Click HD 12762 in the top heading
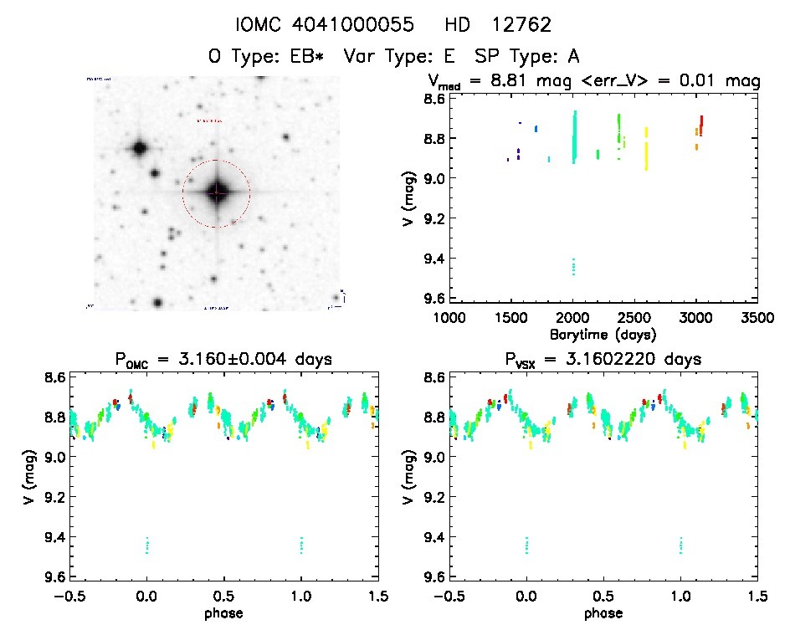(500, 24)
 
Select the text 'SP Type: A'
(526, 56)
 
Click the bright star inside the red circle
(216, 192)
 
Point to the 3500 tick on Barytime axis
(757, 319)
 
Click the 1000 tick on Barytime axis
(449, 319)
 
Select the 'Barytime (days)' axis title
(603, 334)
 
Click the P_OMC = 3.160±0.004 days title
(223, 361)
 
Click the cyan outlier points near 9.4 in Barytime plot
(573, 266)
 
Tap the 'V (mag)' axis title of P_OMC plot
(32, 478)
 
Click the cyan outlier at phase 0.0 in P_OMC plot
(147, 545)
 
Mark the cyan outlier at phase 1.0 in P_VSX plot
(681, 545)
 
